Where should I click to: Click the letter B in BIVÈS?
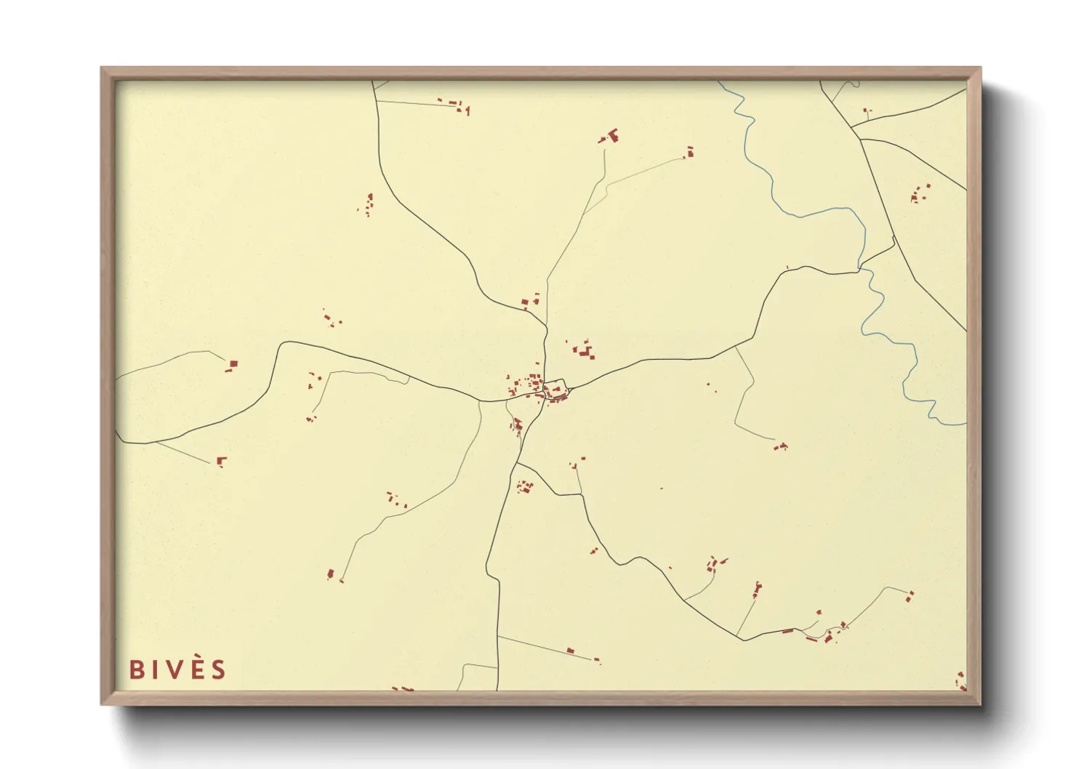[135, 669]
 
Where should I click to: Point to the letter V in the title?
[174, 669]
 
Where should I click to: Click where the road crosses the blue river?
[861, 271]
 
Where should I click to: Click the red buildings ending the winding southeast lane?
[910, 596]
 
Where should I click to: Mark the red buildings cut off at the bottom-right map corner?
[961, 681]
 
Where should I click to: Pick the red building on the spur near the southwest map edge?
[222, 460]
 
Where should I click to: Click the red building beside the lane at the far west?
[232, 365]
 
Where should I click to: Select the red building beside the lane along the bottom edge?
[570, 651]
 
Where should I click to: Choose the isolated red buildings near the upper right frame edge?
[920, 193]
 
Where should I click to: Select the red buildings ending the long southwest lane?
[332, 575]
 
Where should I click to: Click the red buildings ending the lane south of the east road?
[781, 446]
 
